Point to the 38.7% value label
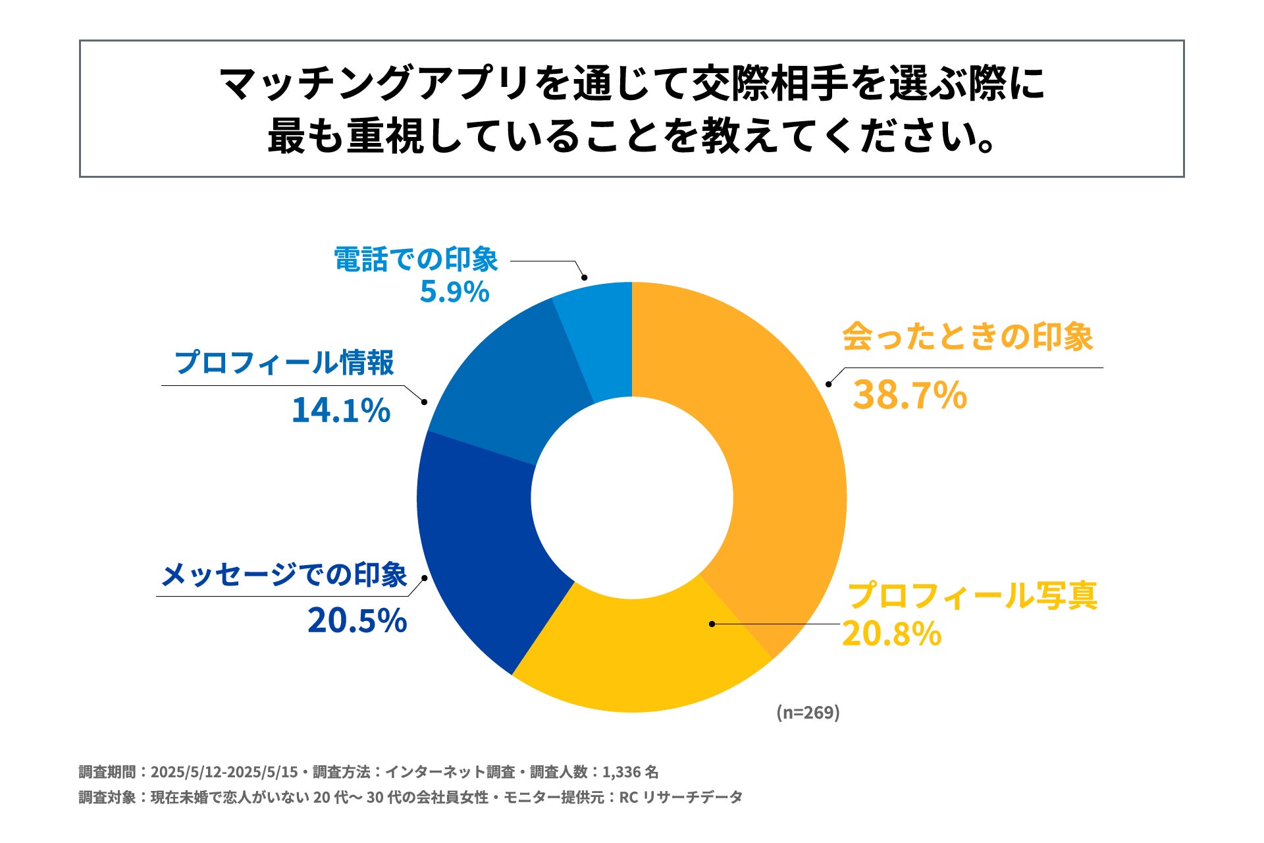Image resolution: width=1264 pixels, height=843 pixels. pyautogui.click(x=910, y=396)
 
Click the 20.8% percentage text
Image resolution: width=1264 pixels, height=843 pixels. pyautogui.click(x=891, y=634)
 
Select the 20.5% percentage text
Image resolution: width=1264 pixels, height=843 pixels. pyautogui.click(x=357, y=621)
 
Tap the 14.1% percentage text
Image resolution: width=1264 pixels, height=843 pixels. pyautogui.click(x=341, y=410)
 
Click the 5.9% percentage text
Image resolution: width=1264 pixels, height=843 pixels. pyautogui.click(x=454, y=292)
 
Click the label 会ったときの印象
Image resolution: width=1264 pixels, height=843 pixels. pyautogui.click(x=967, y=337)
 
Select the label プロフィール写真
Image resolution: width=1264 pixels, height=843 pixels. pyautogui.click(x=972, y=595)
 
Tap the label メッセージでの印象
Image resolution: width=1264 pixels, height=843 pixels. pyautogui.click(x=284, y=575)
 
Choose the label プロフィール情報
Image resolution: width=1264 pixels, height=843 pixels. pyautogui.click(x=284, y=363)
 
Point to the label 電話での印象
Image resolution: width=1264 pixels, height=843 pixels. pyautogui.click(x=416, y=259)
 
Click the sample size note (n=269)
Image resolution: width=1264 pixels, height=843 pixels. pyautogui.click(x=808, y=712)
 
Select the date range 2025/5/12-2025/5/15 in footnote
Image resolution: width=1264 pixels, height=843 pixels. pyautogui.click(x=224, y=772)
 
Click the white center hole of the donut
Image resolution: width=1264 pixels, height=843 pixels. pyautogui.click(x=632, y=497)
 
